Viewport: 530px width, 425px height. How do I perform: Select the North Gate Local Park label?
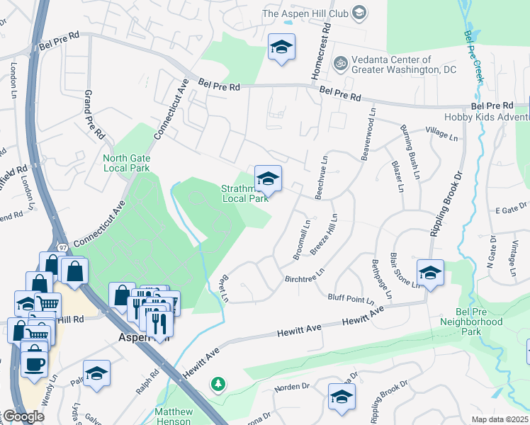coord(126,163)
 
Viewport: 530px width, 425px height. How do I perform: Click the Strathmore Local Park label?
coord(245,193)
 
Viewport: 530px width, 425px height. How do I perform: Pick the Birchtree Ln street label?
coord(305,274)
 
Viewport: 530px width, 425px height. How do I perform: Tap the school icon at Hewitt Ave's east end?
coord(430,272)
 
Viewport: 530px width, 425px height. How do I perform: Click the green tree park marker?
coord(219,385)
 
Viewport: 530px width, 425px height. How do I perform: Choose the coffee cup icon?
coord(34,364)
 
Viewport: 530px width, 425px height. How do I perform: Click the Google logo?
coord(23,416)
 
